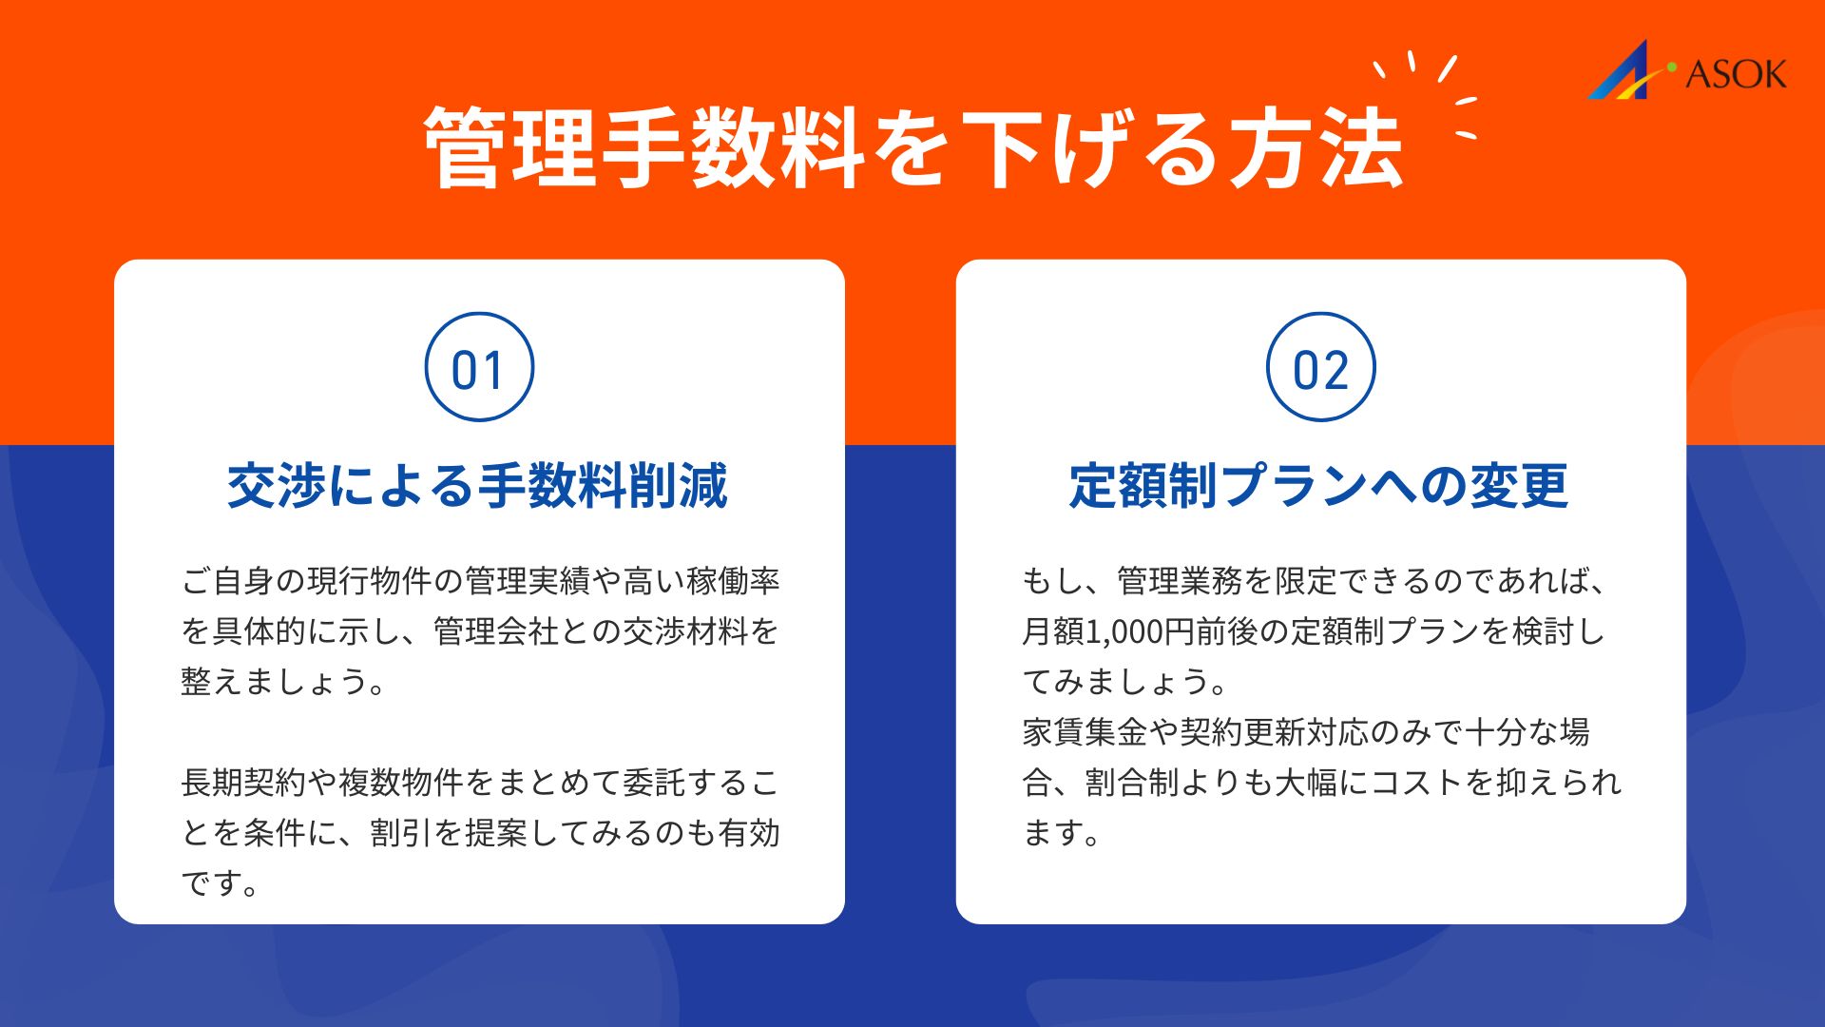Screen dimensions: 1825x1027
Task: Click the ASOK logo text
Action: click(1736, 74)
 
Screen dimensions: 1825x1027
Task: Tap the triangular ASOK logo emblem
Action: click(1627, 71)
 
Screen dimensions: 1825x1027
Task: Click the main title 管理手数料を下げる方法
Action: click(913, 148)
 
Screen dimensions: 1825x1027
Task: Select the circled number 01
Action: click(479, 367)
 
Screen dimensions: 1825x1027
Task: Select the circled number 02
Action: click(1321, 367)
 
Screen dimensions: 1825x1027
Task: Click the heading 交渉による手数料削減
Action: click(478, 486)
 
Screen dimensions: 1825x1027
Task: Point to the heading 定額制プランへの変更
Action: click(1319, 486)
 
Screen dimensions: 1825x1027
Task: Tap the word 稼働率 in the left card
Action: click(734, 581)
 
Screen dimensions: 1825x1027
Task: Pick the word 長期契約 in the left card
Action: click(243, 783)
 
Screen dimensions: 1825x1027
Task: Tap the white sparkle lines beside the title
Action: click(1427, 95)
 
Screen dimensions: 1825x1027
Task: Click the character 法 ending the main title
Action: click(1361, 148)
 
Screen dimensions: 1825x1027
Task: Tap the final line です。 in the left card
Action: click(220, 883)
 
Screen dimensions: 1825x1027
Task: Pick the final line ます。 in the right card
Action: click(1061, 833)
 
